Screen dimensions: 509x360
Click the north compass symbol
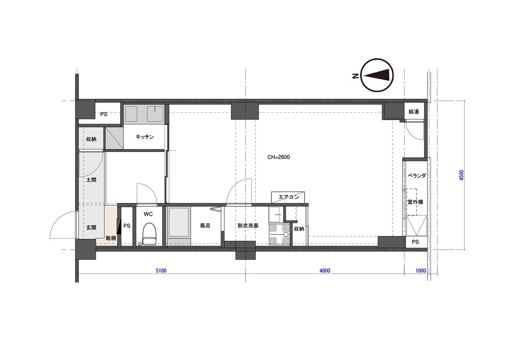coord(377,75)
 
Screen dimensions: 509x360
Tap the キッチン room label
coord(145,137)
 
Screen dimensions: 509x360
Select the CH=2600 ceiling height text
coord(278,157)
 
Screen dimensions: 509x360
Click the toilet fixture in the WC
coord(149,234)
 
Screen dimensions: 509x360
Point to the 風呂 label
coord(205,225)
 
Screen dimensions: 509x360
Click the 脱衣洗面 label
coord(248,225)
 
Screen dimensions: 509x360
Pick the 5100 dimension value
coord(161,270)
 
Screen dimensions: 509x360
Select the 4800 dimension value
coord(325,270)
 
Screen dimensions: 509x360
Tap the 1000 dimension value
coord(421,270)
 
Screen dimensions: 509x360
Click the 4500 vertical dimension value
coord(461,175)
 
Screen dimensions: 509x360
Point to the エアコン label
coord(288,197)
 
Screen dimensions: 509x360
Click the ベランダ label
coord(417,176)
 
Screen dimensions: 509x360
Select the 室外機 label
coord(415,202)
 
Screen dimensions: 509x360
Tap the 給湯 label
coord(414,112)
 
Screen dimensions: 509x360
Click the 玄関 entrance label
coord(91,228)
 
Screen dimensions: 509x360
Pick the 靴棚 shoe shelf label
coord(111,238)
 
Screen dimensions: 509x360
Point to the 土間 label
coord(91,180)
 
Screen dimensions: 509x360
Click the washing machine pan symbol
coord(279,234)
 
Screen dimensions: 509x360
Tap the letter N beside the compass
coord(355,76)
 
